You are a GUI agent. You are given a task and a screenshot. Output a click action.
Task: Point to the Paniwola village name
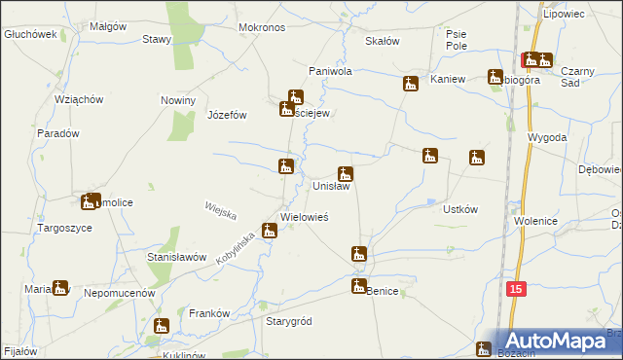point(329,72)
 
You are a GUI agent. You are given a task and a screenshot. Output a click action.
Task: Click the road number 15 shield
point(517,289)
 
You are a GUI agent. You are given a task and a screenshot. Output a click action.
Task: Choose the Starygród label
point(288,321)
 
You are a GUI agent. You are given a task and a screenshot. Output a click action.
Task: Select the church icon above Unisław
point(345,174)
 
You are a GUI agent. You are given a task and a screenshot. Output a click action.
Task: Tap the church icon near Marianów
point(61,287)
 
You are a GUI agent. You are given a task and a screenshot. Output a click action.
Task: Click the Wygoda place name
point(547,138)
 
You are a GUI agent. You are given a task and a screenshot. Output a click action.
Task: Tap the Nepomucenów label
point(120,292)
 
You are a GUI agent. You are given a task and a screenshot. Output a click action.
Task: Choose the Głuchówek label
point(27,33)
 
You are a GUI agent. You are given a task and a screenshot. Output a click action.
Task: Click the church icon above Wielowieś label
point(271,231)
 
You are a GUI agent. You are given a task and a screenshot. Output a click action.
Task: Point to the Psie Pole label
point(457,40)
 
